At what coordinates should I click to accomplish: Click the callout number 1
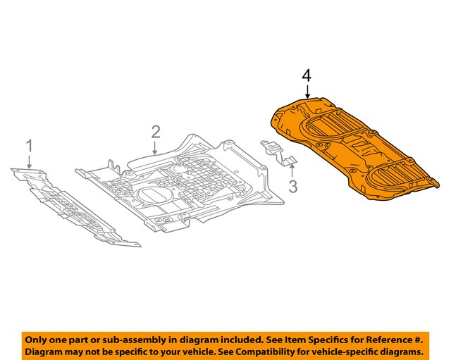pyautogui.click(x=30, y=146)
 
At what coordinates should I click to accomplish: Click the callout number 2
pyautogui.click(x=156, y=131)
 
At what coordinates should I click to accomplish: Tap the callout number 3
pyautogui.click(x=292, y=187)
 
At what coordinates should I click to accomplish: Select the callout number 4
pyautogui.click(x=307, y=75)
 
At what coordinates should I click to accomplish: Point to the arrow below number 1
pyautogui.click(x=30, y=161)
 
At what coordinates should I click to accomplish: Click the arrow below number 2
pyautogui.click(x=156, y=146)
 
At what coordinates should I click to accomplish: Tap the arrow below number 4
pyautogui.click(x=307, y=92)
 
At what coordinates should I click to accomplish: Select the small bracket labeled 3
pyautogui.click(x=280, y=151)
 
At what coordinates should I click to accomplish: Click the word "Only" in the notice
pyautogui.click(x=39, y=338)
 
